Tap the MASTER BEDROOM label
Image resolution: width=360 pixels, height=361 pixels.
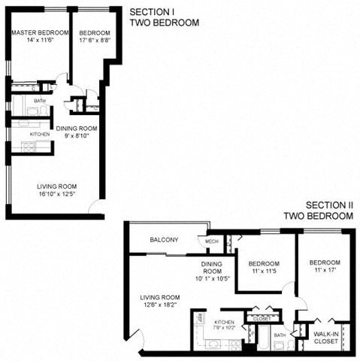40,33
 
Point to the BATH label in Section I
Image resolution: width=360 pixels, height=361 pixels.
39,100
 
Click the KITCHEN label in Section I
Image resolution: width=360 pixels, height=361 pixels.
40,135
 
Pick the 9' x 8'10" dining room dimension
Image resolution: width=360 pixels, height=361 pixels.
77,137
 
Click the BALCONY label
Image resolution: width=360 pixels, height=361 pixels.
164,240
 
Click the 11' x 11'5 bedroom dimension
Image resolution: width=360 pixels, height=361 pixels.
264,272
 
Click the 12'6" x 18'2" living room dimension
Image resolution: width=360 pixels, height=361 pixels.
159,305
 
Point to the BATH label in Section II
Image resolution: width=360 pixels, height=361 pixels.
280,335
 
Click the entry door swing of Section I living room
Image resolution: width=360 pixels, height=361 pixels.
95,207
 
